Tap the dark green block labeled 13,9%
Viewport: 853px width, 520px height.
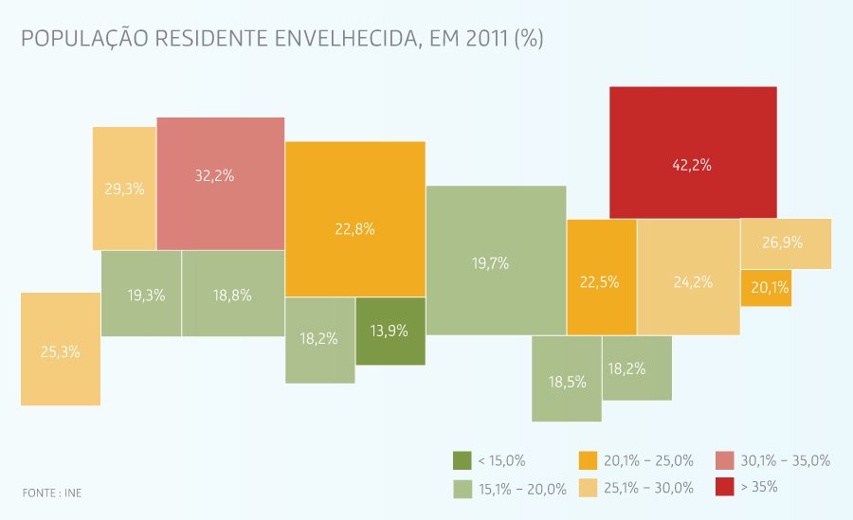[390, 331]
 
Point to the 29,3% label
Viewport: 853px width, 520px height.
[124, 188]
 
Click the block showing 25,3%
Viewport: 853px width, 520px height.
[60, 350]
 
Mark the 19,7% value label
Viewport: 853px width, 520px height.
[490, 263]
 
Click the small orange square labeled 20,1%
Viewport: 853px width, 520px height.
[766, 288]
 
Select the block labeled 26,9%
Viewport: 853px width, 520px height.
[785, 242]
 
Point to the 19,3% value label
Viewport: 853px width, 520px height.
[146, 295]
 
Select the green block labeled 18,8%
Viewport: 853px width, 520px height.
[232, 294]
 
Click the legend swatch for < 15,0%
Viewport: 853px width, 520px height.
[463, 460]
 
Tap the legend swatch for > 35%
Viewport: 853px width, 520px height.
[725, 487]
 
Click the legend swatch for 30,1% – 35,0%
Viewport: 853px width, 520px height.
[725, 460]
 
